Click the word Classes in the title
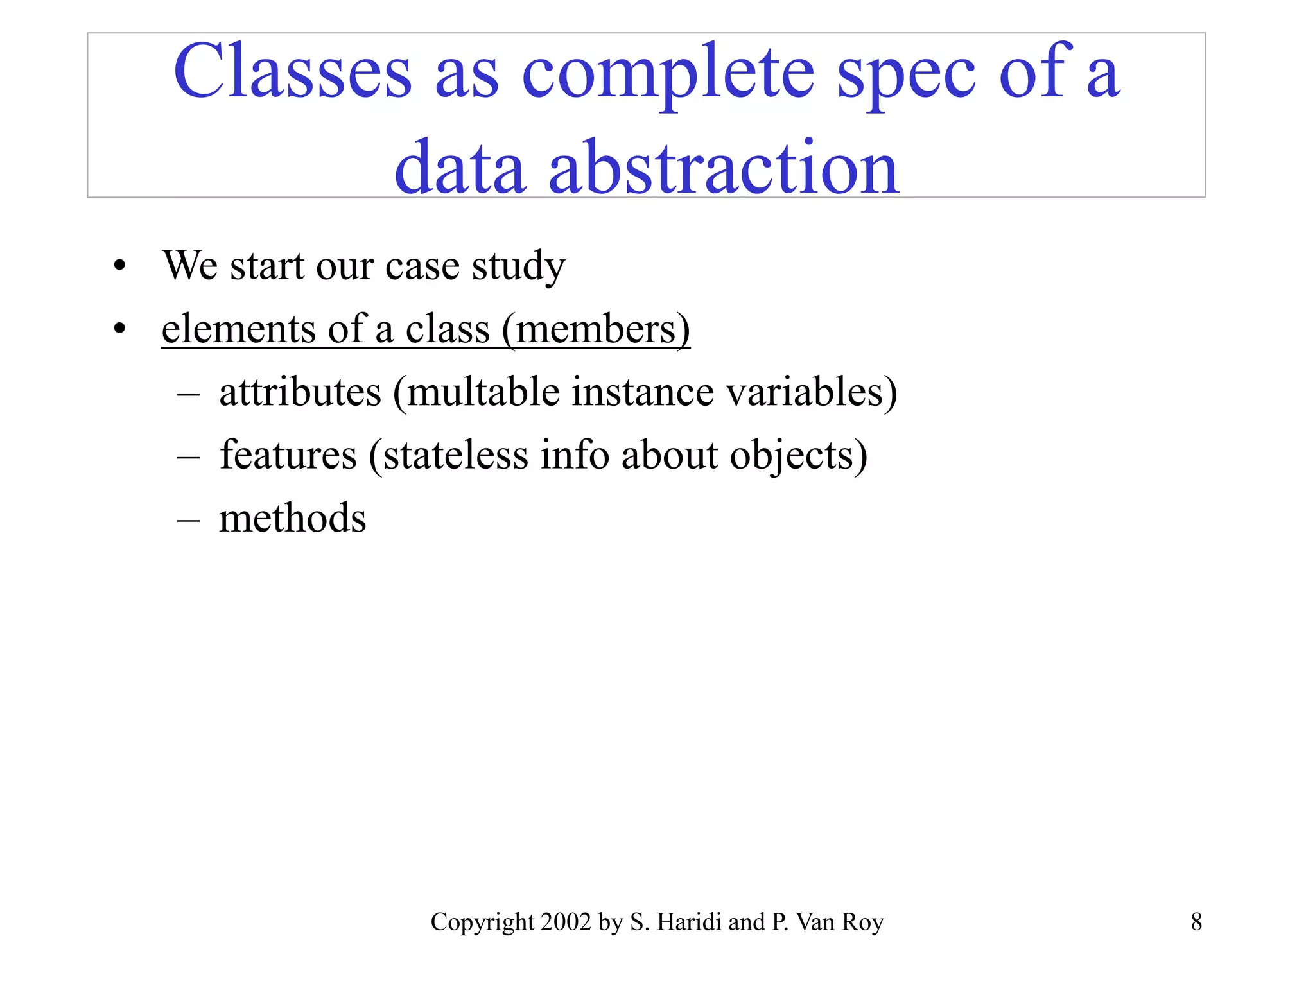click(x=292, y=72)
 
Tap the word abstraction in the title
click(x=724, y=168)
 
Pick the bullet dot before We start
click(x=119, y=266)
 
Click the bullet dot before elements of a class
click(x=119, y=329)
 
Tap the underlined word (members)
click(x=596, y=329)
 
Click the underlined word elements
click(x=238, y=329)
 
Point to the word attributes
click(x=300, y=392)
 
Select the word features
click(x=288, y=455)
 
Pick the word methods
click(x=292, y=518)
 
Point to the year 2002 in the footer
click(x=565, y=922)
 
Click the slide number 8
click(x=1196, y=922)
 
